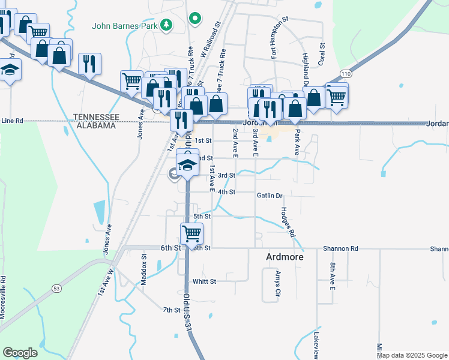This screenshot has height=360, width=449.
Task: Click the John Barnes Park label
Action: (124, 26)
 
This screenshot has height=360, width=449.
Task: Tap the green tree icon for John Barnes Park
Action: (166, 26)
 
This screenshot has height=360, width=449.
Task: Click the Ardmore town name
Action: (285, 257)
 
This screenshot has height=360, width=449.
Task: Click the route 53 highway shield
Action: (56, 289)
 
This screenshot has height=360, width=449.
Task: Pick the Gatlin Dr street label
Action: (270, 196)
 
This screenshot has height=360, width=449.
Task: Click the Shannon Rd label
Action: (340, 248)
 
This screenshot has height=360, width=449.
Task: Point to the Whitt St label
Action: (204, 281)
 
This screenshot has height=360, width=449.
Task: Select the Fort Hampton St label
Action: (274, 38)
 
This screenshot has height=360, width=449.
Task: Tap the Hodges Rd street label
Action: (289, 221)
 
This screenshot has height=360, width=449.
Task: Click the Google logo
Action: (20, 353)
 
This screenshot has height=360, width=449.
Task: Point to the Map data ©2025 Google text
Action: (412, 355)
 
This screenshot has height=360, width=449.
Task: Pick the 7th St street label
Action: (172, 310)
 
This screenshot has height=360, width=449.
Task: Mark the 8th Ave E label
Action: (332, 275)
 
